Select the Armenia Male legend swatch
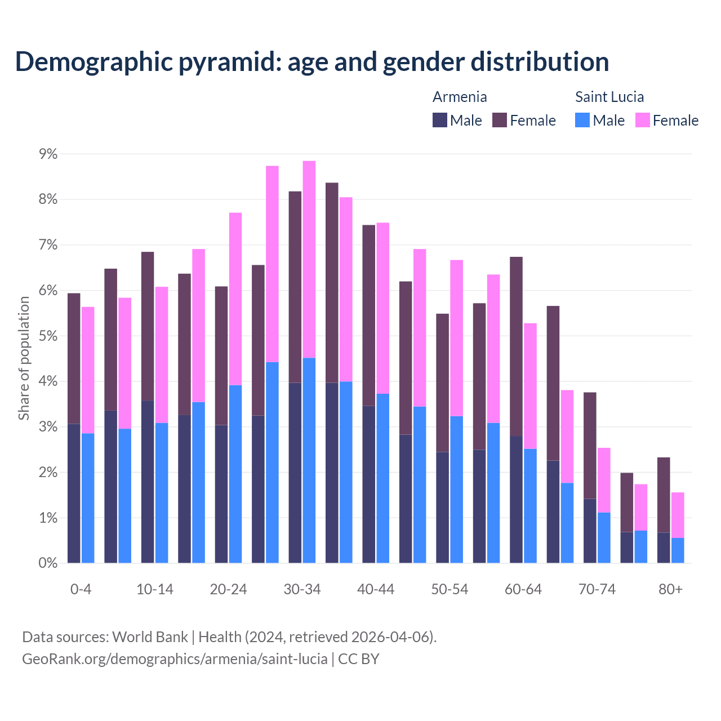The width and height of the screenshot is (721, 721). (440, 120)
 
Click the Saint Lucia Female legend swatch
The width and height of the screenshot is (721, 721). (642, 120)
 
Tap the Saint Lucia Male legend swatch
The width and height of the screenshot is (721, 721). (582, 120)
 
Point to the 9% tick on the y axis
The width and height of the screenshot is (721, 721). (48, 154)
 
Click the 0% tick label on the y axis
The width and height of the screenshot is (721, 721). (48, 563)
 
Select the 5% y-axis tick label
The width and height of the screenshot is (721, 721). (48, 336)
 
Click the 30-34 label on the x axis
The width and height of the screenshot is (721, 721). (302, 589)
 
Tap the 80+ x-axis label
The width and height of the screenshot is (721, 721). (670, 589)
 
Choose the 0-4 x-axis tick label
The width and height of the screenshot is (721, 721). (81, 589)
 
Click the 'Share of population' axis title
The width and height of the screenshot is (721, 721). (24, 358)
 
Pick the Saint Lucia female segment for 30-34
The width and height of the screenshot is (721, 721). (309, 259)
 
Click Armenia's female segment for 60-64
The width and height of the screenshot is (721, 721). (516, 346)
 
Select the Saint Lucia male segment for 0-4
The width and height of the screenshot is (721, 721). (88, 498)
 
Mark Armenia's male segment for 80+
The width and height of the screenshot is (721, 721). (664, 548)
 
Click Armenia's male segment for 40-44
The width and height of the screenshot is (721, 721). (369, 484)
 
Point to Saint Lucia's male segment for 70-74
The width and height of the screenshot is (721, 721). (604, 537)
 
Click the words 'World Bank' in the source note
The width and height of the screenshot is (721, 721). (150, 637)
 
